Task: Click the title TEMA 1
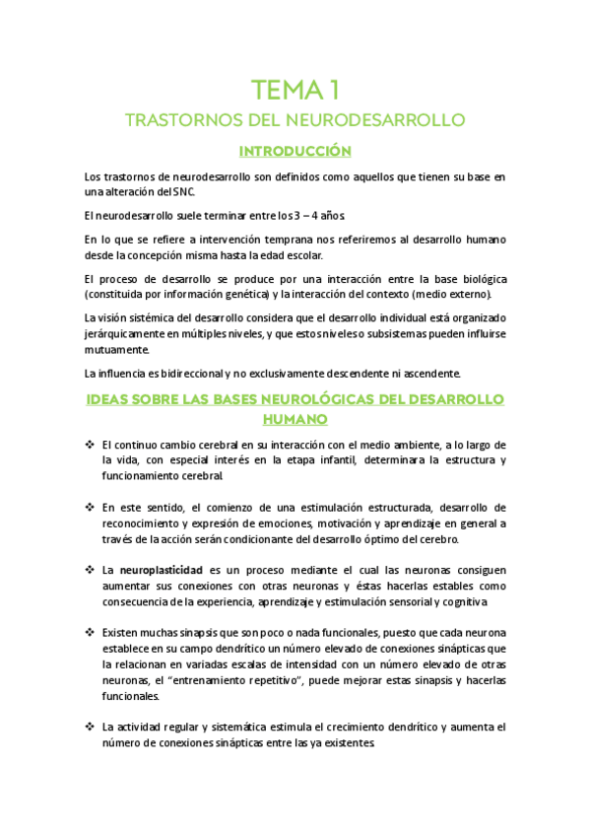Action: click(x=295, y=91)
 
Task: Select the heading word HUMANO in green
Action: click(x=295, y=418)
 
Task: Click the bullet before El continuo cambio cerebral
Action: click(x=89, y=446)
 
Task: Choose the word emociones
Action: click(x=285, y=522)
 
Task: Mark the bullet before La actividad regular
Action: click(x=89, y=727)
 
